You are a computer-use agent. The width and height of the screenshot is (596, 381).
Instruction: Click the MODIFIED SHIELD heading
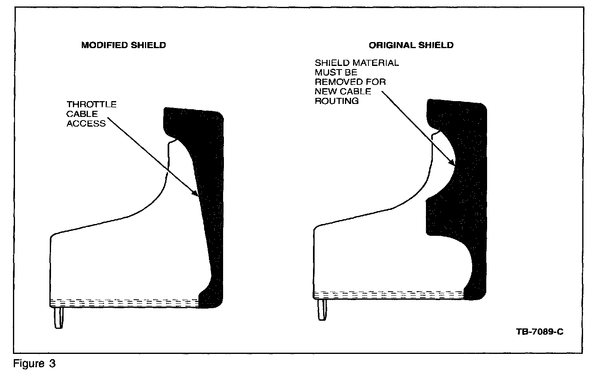point(123,45)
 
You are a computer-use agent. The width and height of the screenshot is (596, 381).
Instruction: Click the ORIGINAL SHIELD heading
point(411,45)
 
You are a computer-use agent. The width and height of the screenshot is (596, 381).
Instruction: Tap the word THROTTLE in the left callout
point(92,104)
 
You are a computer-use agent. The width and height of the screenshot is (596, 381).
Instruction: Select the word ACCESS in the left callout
point(86,124)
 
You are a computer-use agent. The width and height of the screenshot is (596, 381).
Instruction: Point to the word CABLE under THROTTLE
point(82,114)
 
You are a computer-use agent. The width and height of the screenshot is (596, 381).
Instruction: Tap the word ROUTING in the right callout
point(336,101)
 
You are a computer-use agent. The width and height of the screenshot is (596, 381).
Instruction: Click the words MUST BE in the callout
point(336,72)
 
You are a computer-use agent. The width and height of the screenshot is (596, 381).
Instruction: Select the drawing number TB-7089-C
point(540,332)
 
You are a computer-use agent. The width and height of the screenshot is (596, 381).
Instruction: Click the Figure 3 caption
point(34,364)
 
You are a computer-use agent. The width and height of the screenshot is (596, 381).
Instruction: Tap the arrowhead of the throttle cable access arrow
point(197,195)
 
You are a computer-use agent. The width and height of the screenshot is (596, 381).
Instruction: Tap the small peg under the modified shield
point(59,318)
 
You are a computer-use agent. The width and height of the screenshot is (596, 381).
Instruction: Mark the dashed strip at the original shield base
point(389,295)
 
